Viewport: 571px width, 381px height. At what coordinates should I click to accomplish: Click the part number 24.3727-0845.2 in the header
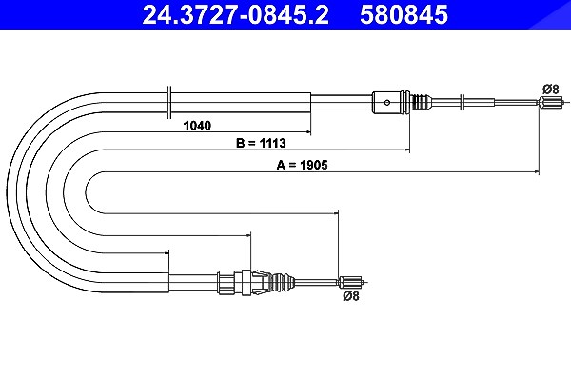coord(235,14)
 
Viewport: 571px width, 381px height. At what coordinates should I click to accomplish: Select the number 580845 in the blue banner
coord(404,14)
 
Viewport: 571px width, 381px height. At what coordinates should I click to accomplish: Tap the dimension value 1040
coord(197,126)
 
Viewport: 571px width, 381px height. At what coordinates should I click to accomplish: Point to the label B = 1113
coord(261,143)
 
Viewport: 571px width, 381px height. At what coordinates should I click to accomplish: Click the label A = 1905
coord(302,165)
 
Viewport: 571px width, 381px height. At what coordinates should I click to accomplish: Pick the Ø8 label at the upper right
coord(550,89)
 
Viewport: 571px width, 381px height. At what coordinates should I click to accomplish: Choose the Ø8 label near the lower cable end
coord(350,296)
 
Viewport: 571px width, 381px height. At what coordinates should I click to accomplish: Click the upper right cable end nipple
coord(550,102)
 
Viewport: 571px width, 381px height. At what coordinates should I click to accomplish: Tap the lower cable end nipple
coord(352,282)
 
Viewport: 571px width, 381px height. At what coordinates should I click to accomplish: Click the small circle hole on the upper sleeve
coord(386,103)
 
